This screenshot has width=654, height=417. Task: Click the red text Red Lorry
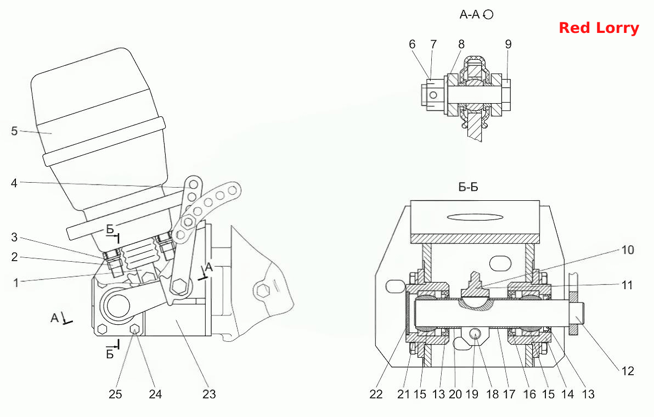click(x=599, y=28)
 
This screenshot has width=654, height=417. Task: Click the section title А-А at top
click(x=470, y=15)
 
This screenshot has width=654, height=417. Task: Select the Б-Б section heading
click(x=469, y=187)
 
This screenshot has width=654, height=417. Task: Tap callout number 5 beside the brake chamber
click(x=14, y=131)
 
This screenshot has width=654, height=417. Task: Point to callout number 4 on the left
click(x=14, y=183)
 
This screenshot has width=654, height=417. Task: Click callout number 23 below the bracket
click(x=209, y=394)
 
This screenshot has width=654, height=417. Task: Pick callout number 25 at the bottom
click(x=116, y=394)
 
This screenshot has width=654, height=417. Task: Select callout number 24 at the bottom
click(x=155, y=394)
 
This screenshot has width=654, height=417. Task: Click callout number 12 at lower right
click(x=627, y=371)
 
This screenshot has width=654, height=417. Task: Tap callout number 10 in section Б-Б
click(x=628, y=250)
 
